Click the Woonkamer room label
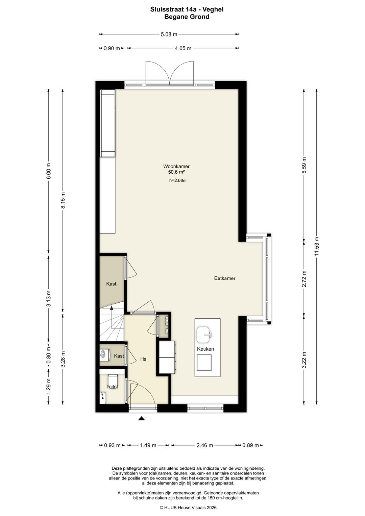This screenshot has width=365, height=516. tap(176, 166)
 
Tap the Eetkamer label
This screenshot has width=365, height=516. tap(225, 278)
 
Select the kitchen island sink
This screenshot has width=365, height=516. tap(204, 335)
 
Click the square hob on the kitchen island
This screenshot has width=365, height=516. tap(204, 363)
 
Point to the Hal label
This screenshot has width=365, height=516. tap(144, 359)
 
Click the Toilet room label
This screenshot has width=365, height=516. tap(112, 387)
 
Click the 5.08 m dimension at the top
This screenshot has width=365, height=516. tap(169, 34)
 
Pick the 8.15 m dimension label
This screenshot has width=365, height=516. tap(63, 200)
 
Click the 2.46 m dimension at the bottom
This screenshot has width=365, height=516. tap(204, 445)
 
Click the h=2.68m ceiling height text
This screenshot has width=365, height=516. tap(178, 180)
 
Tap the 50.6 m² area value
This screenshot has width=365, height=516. tap(176, 172)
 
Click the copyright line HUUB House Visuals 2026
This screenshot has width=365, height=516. tap(188, 508)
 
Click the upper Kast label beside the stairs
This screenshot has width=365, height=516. tap(111, 284)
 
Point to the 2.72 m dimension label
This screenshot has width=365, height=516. tap(304, 279)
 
